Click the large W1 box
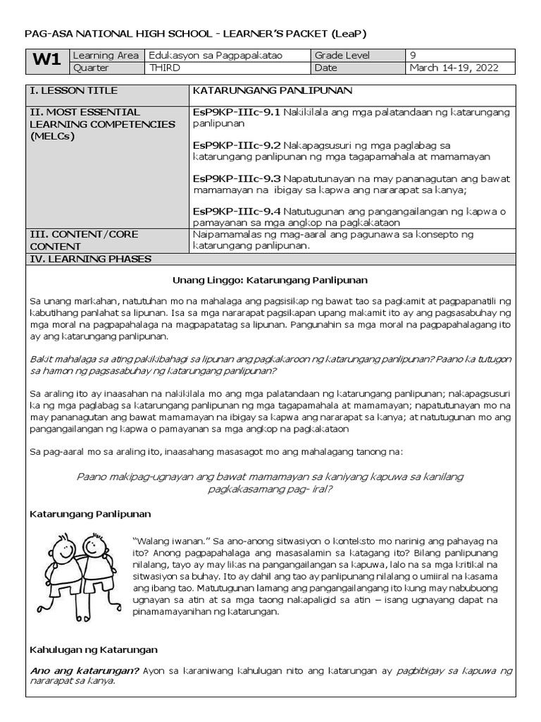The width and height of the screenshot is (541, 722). click(x=46, y=61)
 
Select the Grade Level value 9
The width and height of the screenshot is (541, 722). click(x=413, y=55)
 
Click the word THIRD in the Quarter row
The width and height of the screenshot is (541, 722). click(x=166, y=68)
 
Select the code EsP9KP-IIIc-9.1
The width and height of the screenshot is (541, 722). click(x=236, y=112)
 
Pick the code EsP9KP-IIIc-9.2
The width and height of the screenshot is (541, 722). click(x=236, y=145)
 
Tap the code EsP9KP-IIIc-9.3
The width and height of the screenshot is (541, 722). click(x=236, y=178)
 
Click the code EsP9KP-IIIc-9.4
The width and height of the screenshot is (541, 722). click(x=236, y=211)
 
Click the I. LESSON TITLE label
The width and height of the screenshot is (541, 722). click(x=73, y=91)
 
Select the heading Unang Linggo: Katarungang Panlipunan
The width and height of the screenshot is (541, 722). click(x=270, y=280)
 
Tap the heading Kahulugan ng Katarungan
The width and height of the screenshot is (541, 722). click(x=94, y=649)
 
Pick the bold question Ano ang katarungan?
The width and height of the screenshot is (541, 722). click(x=84, y=671)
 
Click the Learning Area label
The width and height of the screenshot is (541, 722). click(x=103, y=55)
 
